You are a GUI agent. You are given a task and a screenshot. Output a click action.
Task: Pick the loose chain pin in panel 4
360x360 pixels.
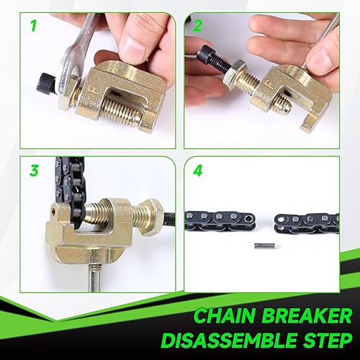click(263, 246)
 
